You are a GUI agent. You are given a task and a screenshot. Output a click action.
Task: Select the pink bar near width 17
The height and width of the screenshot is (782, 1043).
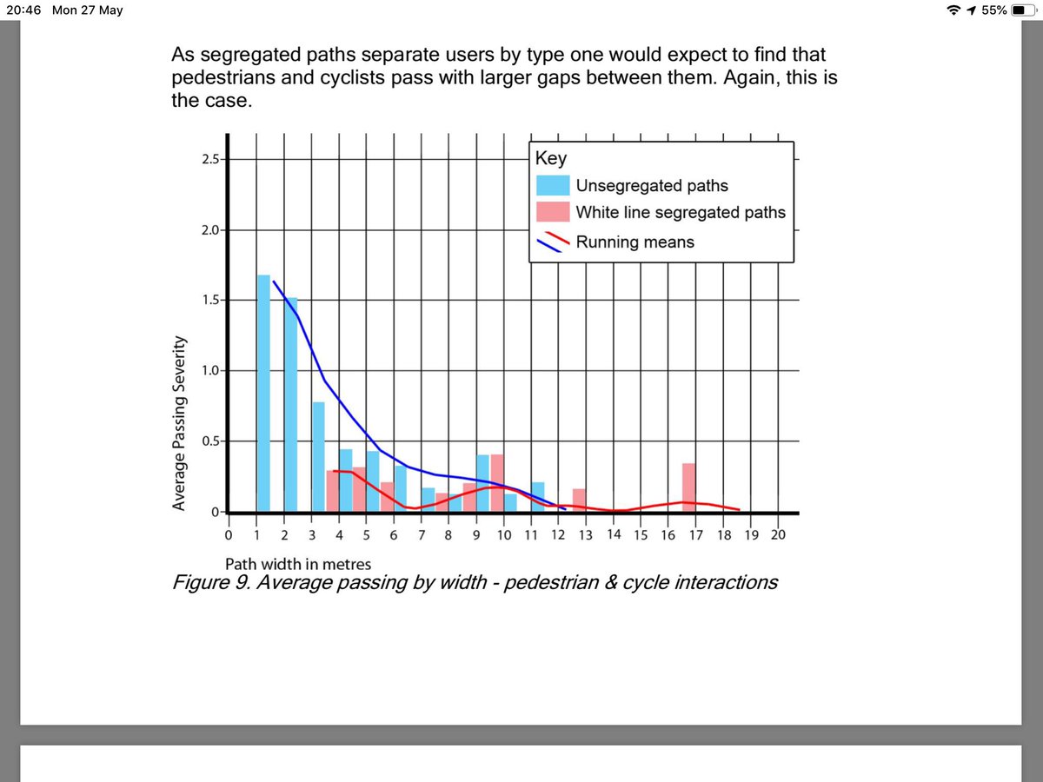(x=688, y=487)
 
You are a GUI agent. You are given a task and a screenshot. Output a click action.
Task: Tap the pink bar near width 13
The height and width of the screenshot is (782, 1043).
(x=579, y=500)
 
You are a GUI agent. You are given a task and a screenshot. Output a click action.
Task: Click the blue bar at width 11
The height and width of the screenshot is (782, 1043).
(x=537, y=497)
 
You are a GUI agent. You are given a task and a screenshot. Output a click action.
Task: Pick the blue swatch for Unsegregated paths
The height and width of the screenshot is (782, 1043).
(x=553, y=185)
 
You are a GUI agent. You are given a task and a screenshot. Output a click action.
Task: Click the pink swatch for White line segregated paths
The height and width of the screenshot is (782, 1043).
(x=553, y=212)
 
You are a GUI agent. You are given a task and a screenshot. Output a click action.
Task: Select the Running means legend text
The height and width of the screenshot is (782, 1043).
(x=634, y=242)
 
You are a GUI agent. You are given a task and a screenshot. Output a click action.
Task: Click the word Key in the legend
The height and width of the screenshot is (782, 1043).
(x=551, y=159)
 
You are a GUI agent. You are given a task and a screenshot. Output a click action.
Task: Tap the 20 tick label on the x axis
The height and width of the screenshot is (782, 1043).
(x=777, y=534)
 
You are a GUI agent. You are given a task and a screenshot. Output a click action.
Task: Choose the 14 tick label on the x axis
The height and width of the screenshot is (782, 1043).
(x=613, y=534)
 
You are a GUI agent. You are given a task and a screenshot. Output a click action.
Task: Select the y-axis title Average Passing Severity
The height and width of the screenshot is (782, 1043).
(x=179, y=423)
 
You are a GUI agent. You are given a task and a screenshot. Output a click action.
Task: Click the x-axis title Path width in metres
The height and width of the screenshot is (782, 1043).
(x=298, y=563)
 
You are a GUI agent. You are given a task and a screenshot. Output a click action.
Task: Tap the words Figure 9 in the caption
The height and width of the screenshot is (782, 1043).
(x=211, y=582)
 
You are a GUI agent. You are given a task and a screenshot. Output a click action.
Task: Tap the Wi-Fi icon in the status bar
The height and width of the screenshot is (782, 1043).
(x=954, y=11)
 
